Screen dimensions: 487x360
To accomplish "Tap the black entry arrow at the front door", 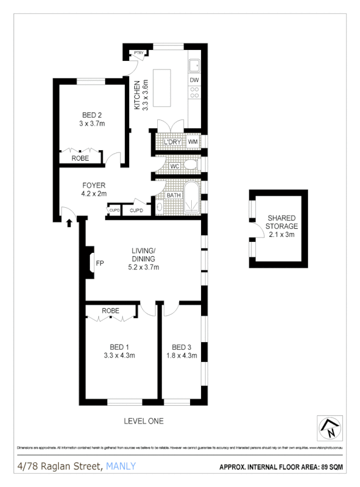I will tap(69, 223).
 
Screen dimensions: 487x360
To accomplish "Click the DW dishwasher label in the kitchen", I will tap(194, 80).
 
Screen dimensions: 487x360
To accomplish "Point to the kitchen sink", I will tap(194, 66).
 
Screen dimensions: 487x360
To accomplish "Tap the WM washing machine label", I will tap(193, 142).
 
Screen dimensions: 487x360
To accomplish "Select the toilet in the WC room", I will tap(190, 165).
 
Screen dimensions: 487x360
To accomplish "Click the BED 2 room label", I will tap(92, 115).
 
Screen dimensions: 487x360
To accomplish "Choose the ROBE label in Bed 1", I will tap(111, 311).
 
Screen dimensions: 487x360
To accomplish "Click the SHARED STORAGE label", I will tap(282, 222).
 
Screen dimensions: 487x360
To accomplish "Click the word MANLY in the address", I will tap(121, 467).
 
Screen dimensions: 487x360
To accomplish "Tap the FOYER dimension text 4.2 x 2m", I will tap(94, 194).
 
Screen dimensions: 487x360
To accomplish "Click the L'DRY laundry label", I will tap(173, 142).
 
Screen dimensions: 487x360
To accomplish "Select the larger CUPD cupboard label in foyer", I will tap(137, 211).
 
